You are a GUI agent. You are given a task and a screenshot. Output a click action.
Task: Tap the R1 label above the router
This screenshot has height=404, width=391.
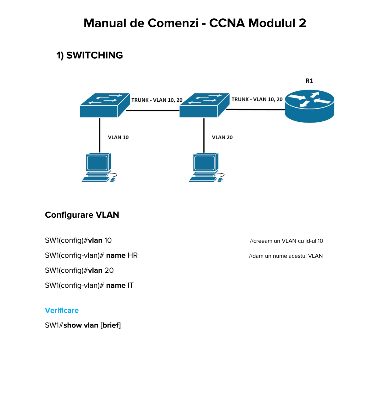pos(309,81)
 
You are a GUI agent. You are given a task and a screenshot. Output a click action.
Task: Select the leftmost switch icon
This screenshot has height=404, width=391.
pos(104,105)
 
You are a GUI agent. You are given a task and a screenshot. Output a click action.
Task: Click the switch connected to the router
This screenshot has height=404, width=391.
pos(204,105)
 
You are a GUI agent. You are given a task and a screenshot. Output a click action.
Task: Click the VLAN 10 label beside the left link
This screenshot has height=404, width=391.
pos(118,137)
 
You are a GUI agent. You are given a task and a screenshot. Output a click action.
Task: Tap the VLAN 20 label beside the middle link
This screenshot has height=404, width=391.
pos(222,137)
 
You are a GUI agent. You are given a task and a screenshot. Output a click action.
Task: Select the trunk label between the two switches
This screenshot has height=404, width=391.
pos(157,100)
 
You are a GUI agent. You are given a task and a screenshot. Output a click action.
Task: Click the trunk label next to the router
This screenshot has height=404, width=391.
pos(257,99)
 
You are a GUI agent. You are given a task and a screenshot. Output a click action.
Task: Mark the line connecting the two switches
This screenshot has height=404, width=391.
pos(153,110)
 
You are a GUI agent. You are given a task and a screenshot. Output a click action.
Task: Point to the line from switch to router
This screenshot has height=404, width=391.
pos(255,109)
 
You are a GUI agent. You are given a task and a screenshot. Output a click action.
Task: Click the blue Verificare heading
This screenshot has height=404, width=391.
pos(62,311)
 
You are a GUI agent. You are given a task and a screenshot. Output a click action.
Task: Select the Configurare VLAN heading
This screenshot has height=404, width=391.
pos(82,215)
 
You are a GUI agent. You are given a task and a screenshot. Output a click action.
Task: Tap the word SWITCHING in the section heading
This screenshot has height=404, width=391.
pos(95,55)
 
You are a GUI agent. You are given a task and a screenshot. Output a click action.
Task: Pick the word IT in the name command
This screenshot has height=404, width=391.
pos(130,286)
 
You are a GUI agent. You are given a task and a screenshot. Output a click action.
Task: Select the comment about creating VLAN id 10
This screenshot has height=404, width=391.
pos(286,241)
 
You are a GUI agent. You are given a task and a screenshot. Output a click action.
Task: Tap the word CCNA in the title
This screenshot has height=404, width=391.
pos(227,23)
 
